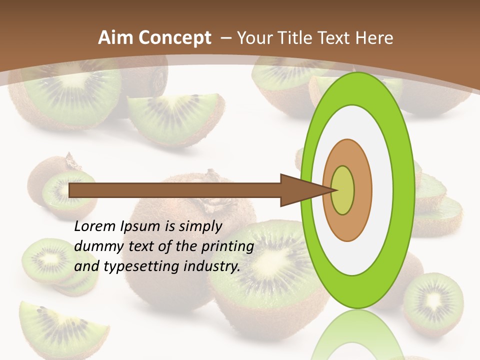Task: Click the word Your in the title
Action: [x=254, y=38]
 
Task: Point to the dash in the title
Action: [x=225, y=38]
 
